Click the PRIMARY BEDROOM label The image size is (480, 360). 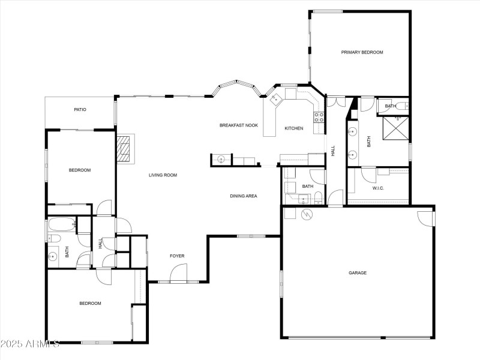362,52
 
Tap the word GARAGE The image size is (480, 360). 358,273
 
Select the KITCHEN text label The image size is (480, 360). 293,128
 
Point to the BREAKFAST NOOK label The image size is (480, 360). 238,125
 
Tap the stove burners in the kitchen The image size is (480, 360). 320,116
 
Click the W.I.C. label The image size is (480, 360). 378,188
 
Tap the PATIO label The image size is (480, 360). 80,110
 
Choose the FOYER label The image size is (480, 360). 176,256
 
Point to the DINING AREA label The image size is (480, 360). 244,196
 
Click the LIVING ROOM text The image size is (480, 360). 163,175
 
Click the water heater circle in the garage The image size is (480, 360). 307,214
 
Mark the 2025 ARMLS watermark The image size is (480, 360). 30,344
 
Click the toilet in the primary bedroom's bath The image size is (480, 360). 401,106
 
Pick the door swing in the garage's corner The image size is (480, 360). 425,218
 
